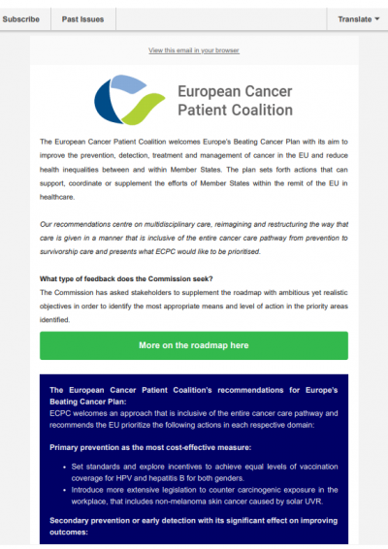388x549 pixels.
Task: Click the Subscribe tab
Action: (x=21, y=18)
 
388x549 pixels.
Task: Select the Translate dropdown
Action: (x=358, y=18)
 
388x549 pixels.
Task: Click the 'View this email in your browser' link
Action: (x=193, y=49)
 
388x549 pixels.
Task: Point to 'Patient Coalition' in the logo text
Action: (x=236, y=111)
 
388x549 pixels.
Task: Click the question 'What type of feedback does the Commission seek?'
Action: (x=126, y=279)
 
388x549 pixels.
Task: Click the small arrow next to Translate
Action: (x=377, y=18)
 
